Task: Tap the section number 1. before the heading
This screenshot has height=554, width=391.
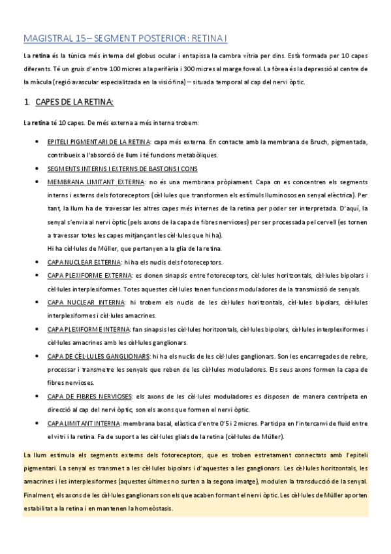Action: [27, 102]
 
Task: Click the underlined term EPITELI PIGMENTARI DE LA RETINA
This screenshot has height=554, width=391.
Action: [99, 141]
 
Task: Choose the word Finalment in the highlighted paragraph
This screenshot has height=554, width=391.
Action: [38, 496]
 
